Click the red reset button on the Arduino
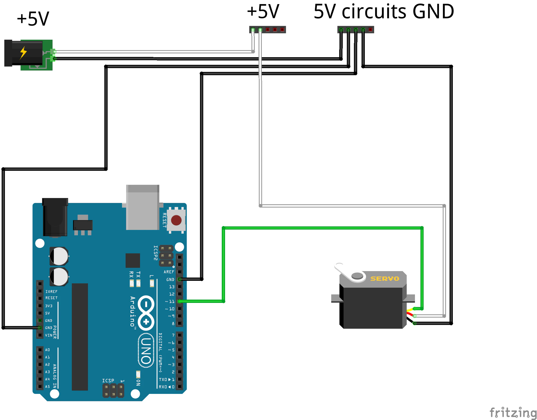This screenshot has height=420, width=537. pos(176,220)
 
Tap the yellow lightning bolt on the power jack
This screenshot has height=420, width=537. pos(23,53)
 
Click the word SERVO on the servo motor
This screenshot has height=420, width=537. pos(385,279)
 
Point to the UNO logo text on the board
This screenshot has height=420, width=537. pos(146,351)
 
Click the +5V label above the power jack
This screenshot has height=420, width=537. pos(33,19)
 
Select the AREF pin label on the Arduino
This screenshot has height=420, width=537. pos(169,272)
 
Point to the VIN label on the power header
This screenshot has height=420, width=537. pos(48,335)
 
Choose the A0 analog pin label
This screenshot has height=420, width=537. pos(47,350)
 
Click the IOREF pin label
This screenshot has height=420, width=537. pos(51,291)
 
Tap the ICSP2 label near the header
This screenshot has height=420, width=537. pos(156,253)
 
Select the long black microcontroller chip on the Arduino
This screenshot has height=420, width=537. pos(80,337)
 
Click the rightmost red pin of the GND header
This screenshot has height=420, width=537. pos(370,29)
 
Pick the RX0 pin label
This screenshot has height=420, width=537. pos(163,387)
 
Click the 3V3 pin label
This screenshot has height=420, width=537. pos(48,306)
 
